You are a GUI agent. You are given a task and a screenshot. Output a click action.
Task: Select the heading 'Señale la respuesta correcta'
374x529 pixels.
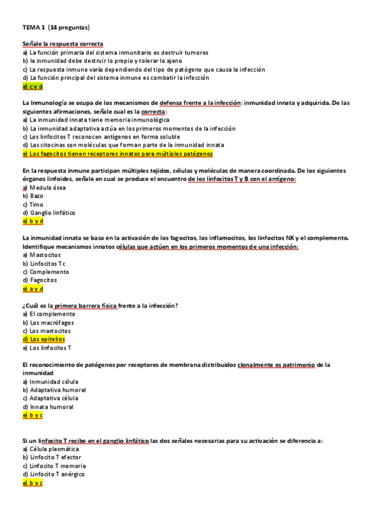tap(62, 44)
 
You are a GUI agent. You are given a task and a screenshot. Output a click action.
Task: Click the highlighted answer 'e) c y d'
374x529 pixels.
tap(32, 87)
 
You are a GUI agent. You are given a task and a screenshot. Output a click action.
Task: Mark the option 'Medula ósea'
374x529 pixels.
tap(43, 187)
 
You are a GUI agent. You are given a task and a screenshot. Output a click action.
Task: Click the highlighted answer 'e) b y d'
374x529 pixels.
tap(32, 221)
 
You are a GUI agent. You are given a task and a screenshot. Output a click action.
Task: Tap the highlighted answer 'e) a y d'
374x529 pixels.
tap(32, 289)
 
